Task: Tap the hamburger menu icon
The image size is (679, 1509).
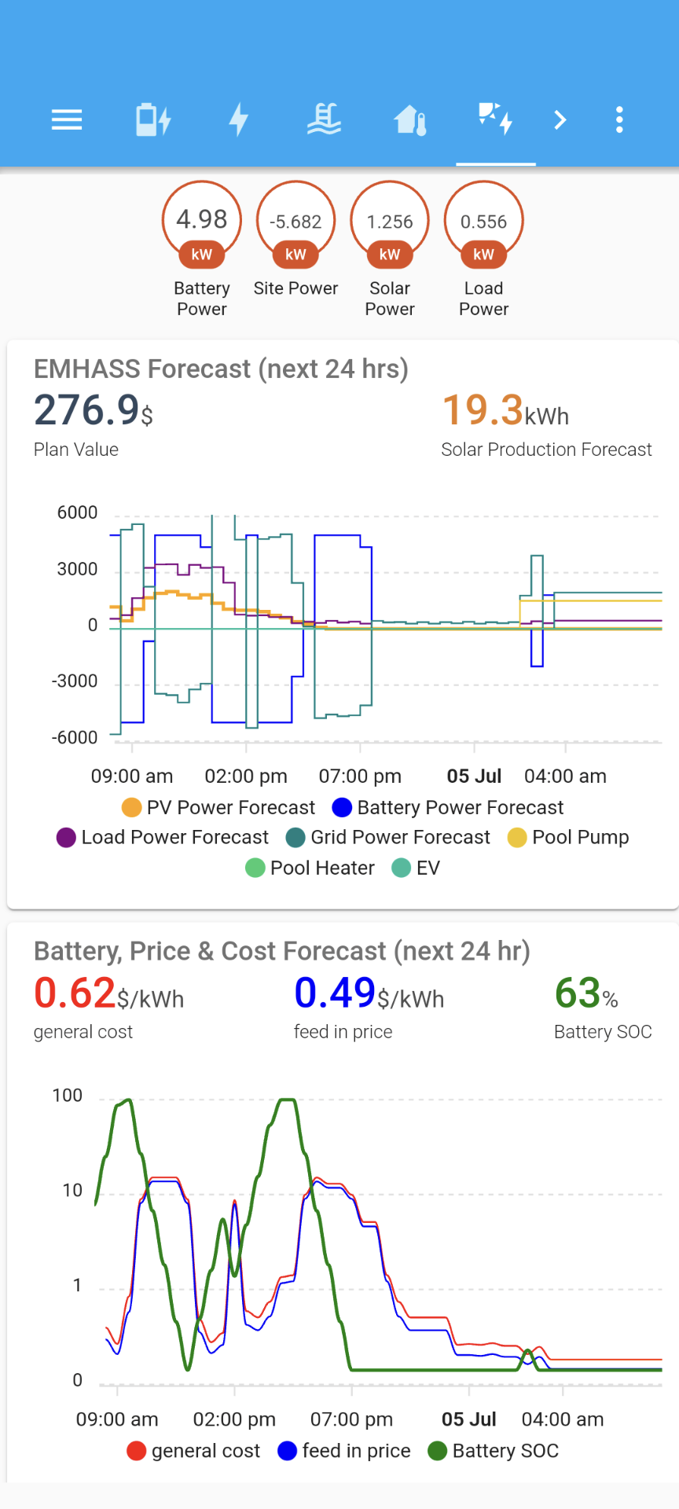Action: tap(67, 120)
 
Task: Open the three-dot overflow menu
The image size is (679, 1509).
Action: tap(619, 120)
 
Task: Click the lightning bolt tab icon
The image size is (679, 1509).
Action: tap(239, 120)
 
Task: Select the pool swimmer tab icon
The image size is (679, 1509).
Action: tap(324, 120)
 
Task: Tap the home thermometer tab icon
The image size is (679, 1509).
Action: tap(410, 120)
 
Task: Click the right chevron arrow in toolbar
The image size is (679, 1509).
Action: tap(560, 120)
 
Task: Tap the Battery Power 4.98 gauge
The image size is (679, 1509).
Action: tap(202, 220)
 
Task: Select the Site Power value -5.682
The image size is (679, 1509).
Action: tap(295, 222)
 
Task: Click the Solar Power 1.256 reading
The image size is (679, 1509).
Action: tap(390, 222)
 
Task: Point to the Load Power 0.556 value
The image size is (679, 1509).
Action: tap(483, 222)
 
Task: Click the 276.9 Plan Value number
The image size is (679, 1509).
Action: tap(86, 410)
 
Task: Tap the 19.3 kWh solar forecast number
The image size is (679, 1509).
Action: tap(483, 410)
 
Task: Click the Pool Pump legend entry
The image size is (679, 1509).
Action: tap(569, 838)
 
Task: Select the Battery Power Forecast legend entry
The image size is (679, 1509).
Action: tap(448, 808)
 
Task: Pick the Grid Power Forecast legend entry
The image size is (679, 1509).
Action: tap(388, 838)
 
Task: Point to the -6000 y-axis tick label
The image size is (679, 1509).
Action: tap(75, 737)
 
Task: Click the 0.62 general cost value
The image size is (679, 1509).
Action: tap(75, 993)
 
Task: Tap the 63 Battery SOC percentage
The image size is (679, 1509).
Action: tap(578, 993)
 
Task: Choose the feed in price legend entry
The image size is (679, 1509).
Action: tap(344, 1451)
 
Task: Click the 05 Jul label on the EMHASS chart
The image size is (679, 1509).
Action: tap(474, 777)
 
